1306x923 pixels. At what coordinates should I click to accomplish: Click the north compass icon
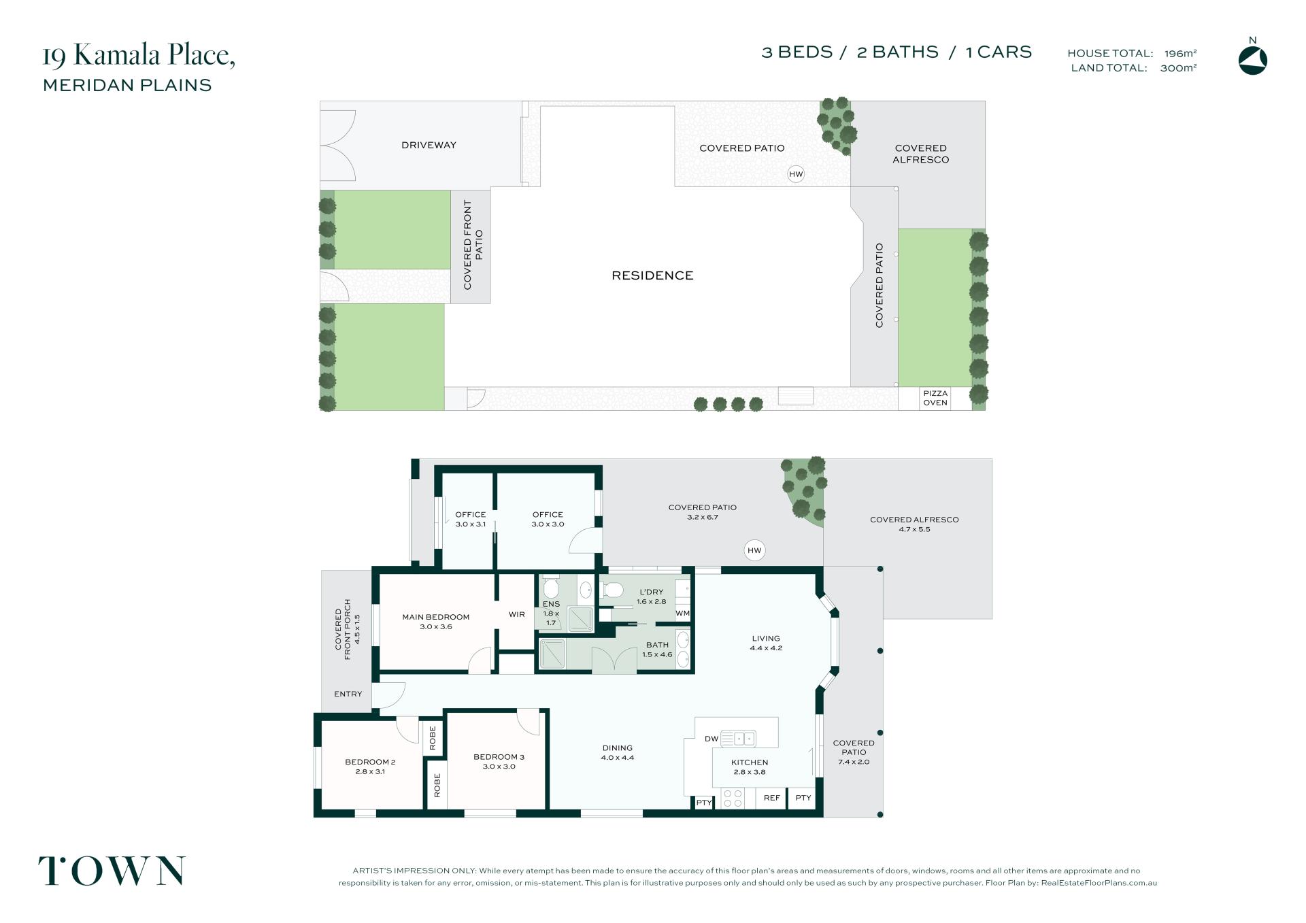[1252, 61]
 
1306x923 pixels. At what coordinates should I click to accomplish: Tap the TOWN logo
[112, 871]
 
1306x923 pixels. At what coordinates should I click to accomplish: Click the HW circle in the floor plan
[754, 550]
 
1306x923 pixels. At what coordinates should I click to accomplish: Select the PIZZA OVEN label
[935, 398]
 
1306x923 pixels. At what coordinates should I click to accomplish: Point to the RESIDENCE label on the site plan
[652, 275]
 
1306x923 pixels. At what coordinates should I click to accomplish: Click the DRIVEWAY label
[429, 145]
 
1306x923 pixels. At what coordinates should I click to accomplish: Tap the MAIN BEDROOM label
[436, 617]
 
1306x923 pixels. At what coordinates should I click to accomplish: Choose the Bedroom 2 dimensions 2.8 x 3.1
[370, 771]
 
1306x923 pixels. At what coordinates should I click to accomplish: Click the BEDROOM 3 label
[499, 756]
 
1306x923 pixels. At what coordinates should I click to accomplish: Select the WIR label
[517, 614]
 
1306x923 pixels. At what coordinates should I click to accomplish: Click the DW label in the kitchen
[711, 739]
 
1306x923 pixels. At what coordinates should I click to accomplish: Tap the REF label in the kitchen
[772, 798]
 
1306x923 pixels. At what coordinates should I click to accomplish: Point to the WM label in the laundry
[683, 613]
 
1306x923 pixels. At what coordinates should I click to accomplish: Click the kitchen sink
[738, 738]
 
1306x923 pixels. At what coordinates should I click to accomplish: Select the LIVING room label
[766, 638]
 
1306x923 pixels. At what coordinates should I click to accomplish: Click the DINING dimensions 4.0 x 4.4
[618, 757]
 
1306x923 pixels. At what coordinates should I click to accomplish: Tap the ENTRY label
[348, 694]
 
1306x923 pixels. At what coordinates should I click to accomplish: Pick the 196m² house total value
[1180, 53]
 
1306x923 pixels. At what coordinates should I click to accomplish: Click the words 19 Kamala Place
[139, 55]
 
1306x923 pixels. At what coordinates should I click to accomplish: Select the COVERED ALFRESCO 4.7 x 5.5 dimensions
[914, 529]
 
